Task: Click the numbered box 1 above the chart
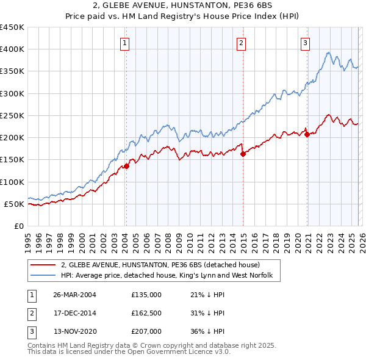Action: click(x=124, y=43)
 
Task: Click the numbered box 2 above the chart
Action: click(x=242, y=43)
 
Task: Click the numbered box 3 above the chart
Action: click(x=305, y=43)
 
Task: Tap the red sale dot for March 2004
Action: click(x=127, y=166)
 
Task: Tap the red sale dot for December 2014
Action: click(x=243, y=154)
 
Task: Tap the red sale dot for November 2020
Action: click(x=307, y=135)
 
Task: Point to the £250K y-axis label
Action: click(x=12, y=115)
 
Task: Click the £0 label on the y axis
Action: click(x=18, y=226)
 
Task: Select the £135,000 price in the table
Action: click(x=146, y=294)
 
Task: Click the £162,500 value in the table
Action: click(x=146, y=313)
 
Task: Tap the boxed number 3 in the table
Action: click(x=31, y=332)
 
